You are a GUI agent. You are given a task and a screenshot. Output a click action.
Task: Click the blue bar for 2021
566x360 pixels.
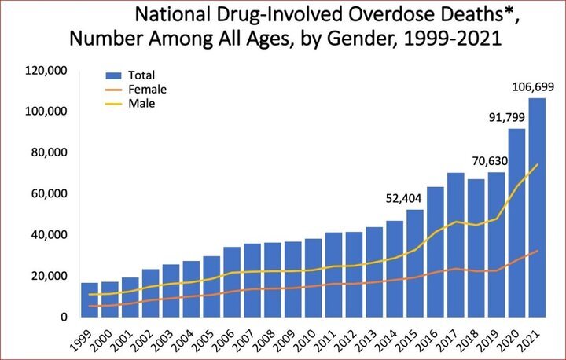coord(537,208)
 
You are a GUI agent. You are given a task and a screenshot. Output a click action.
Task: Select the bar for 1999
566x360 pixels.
coord(90,299)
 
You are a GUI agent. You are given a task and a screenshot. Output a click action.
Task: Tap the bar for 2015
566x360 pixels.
coord(415,263)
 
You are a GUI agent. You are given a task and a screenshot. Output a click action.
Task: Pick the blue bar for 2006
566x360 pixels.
coord(232,282)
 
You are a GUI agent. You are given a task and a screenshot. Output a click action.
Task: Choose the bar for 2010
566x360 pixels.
coord(314,277)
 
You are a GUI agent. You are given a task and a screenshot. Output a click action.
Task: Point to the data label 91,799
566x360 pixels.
coord(507,117)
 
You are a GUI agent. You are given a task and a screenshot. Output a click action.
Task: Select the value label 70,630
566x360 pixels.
coord(490,161)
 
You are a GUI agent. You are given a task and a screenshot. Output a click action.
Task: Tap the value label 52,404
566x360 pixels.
coord(403,198)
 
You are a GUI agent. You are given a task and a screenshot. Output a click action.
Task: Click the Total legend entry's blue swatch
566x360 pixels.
coord(113,75)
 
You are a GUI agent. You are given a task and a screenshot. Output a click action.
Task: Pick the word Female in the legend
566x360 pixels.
coord(147,89)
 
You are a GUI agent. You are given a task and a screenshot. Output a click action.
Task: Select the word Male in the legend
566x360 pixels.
coord(141,103)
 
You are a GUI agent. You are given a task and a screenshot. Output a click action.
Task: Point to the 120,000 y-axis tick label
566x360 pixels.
coord(46,71)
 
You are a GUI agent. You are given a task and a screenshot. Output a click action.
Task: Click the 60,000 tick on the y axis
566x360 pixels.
coord(49,193)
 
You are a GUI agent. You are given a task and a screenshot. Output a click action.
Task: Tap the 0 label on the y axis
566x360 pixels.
coord(64,317)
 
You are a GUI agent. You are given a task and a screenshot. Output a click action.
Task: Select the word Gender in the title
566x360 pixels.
coord(362,39)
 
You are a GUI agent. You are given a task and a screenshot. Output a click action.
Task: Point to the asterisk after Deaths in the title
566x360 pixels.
coord(509,12)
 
